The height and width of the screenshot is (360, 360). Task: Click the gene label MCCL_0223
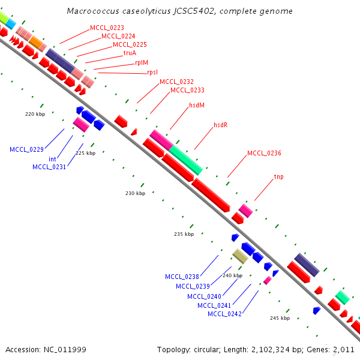[x=107, y=28]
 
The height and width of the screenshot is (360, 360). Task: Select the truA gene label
[x=130, y=53]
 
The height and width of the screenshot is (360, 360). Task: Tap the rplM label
[x=141, y=62]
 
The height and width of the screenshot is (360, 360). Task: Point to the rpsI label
[x=152, y=72]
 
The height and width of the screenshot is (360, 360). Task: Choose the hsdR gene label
[x=221, y=125]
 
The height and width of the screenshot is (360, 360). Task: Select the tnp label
[x=278, y=176]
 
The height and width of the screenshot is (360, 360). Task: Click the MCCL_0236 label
[x=264, y=153]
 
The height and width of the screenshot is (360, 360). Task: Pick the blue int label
[x=52, y=159]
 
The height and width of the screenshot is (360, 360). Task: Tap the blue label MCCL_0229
[x=26, y=149]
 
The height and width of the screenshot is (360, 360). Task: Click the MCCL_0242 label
[x=224, y=314]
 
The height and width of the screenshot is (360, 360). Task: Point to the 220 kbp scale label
[x=35, y=113]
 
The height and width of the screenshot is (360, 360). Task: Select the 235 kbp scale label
[x=184, y=234]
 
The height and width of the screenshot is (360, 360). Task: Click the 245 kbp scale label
[x=280, y=318]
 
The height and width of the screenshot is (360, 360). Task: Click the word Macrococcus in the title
[x=89, y=11]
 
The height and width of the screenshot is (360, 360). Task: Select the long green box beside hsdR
[x=186, y=160]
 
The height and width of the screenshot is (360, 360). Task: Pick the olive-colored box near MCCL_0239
[x=240, y=257]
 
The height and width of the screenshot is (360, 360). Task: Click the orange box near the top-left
[x=37, y=43]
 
